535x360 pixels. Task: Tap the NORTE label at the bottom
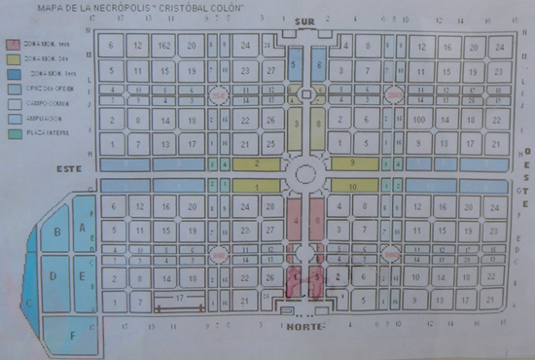coord(307,328)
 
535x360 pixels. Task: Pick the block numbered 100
coord(419,119)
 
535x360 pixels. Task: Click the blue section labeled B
coord(56,234)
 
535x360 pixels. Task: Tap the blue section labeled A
coord(83,227)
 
